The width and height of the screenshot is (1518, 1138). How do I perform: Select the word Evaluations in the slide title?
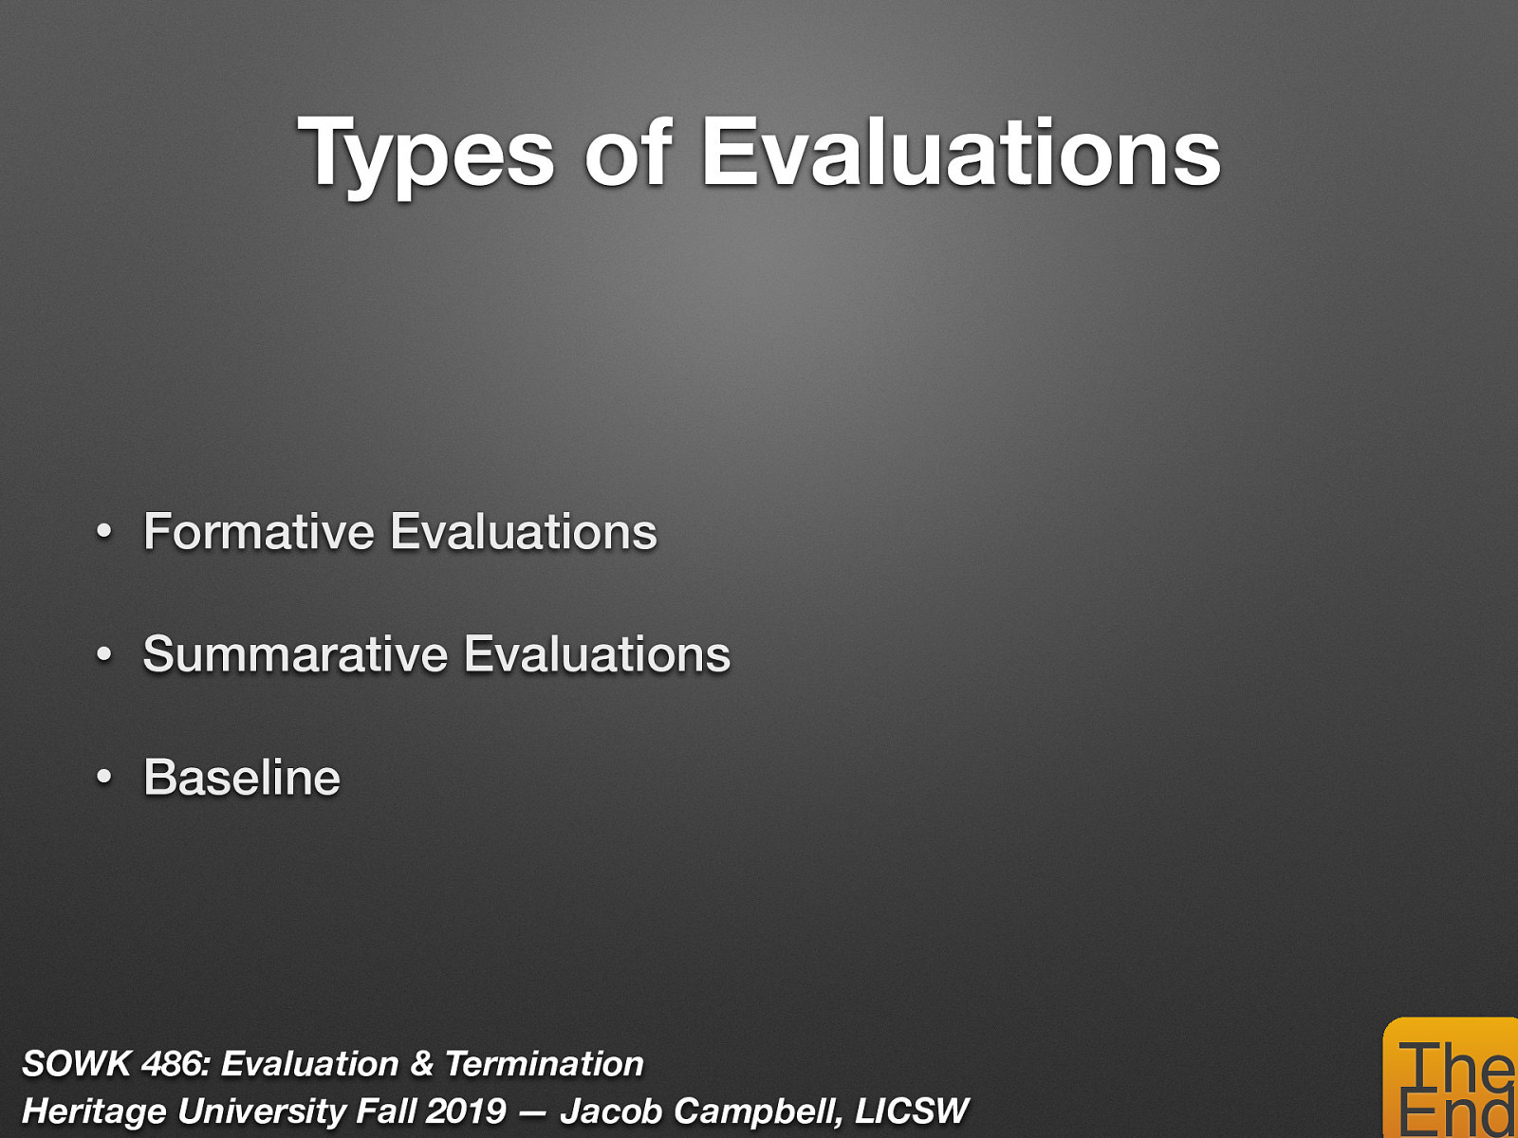coord(961,153)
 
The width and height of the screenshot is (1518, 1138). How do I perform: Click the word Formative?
coord(259,531)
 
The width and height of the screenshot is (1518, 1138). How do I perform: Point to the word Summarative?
coord(295,654)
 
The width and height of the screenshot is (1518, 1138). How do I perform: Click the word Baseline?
coord(242,778)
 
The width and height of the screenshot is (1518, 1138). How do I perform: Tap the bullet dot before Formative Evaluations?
coord(104,532)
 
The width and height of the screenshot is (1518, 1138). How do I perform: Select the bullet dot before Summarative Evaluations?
coord(104,655)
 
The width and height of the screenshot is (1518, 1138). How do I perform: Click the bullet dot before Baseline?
coord(104,779)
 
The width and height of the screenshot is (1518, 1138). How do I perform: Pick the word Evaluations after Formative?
coord(524,531)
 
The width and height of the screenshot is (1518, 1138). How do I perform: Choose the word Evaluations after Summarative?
coord(598,654)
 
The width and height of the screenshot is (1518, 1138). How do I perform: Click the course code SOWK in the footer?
coord(76,1064)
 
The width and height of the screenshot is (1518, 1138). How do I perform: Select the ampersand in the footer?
coord(421,1064)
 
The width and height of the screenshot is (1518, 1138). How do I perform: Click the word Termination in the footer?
coord(544,1064)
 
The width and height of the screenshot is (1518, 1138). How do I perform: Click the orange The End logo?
coord(1452,1081)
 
